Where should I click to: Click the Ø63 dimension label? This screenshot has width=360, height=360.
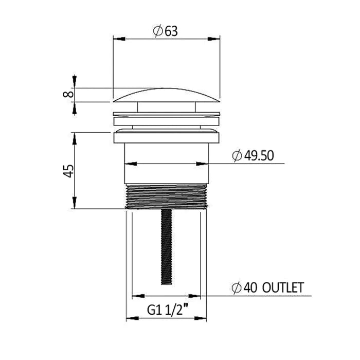click(165, 31)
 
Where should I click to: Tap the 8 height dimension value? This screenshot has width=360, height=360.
click(68, 94)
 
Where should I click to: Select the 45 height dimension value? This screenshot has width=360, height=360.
click(68, 171)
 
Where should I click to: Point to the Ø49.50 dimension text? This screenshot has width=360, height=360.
click(253, 156)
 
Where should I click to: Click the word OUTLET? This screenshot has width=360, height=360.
click(283, 287)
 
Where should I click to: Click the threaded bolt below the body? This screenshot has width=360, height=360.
click(167, 247)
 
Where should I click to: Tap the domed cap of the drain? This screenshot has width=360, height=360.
click(167, 95)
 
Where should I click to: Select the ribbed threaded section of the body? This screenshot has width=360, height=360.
click(166, 196)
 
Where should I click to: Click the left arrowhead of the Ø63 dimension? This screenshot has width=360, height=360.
click(119, 39)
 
